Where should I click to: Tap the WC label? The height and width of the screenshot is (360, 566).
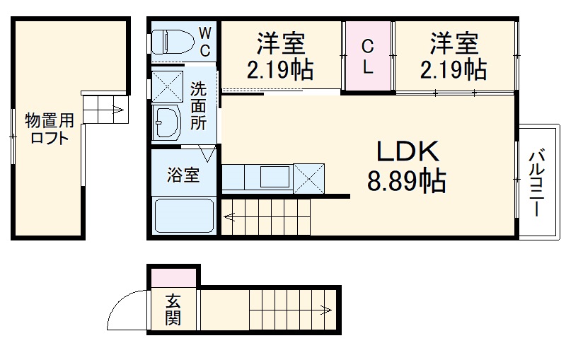coord(204,41)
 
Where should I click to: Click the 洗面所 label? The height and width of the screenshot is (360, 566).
coord(199,106)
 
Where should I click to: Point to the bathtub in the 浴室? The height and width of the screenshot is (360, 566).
coord(183,215)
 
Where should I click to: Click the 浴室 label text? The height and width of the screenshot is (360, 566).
coord(183,175)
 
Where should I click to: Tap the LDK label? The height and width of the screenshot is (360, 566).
coord(408,151)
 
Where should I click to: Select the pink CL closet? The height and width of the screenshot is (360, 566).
coord(368,56)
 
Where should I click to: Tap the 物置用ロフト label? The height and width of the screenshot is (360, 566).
coord(47,128)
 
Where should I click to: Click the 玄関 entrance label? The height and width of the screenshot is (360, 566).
coord(173,310)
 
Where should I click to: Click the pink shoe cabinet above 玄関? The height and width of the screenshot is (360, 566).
coord(173,278)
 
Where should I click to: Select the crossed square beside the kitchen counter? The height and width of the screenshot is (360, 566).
coord(308,178)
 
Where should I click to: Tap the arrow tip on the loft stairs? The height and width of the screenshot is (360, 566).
coord(122,110)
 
